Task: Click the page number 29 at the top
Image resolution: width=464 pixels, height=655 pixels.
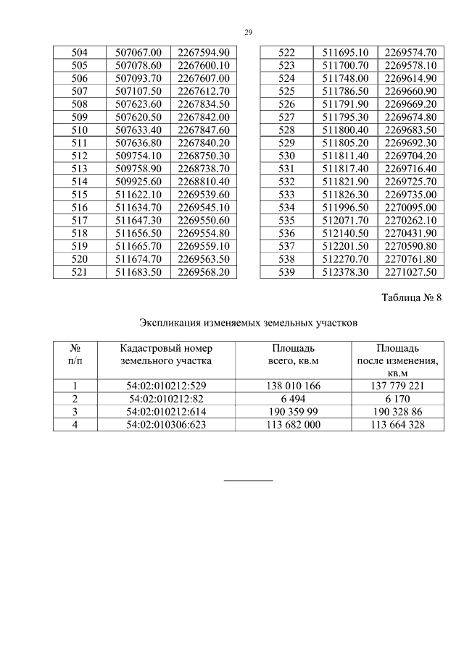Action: click(248, 33)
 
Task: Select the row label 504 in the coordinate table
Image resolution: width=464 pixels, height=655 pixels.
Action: click(80, 52)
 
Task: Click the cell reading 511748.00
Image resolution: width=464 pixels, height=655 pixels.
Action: click(344, 77)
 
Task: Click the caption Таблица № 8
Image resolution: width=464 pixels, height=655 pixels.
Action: click(410, 296)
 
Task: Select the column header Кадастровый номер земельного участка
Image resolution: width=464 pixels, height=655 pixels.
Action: click(167, 353)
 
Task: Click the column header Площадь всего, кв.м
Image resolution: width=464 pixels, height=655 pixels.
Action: click(294, 353)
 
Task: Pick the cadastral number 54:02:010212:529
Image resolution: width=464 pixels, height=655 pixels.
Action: click(167, 386)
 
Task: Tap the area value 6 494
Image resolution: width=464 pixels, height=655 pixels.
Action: click(294, 399)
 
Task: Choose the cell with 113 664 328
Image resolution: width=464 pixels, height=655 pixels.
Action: click(397, 425)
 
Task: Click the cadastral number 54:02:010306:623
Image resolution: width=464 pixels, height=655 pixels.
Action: click(167, 425)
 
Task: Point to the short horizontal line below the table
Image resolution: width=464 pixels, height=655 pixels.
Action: click(248, 480)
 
